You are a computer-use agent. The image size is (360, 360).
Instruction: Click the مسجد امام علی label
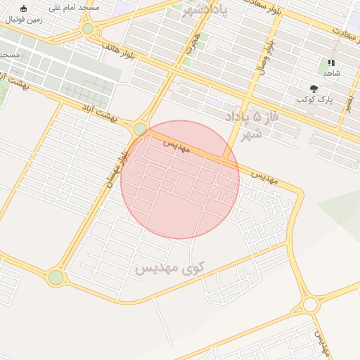(x=69, y=8)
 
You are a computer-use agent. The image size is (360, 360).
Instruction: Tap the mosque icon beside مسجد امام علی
(x=24, y=8)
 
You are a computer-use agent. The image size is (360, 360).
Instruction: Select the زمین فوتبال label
(x=24, y=20)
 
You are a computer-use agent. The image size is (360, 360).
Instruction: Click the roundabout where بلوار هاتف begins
(x=88, y=29)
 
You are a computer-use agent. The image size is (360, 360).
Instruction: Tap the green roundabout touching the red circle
(x=141, y=129)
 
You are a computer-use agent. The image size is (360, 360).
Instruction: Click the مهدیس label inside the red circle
(x=177, y=146)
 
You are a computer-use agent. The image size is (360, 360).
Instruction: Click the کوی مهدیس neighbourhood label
(x=169, y=268)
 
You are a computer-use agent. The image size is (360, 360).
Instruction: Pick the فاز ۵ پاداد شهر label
(x=252, y=124)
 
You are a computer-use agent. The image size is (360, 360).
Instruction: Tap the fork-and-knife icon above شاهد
(x=331, y=63)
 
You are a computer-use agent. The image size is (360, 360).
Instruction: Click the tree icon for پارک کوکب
(x=314, y=89)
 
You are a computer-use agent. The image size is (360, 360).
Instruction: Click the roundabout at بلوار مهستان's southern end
(x=56, y=277)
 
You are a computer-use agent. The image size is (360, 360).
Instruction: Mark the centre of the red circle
(x=180, y=180)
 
